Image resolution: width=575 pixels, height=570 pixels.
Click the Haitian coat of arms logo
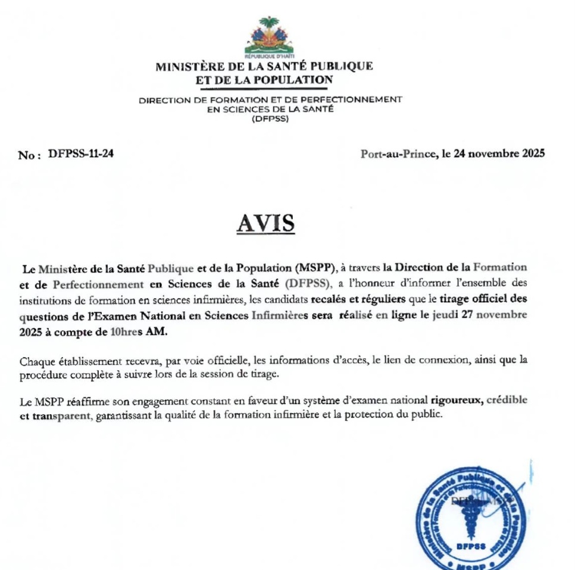click(269, 37)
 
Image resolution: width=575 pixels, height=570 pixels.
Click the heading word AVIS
click(265, 223)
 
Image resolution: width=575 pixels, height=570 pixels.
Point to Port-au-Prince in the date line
click(398, 154)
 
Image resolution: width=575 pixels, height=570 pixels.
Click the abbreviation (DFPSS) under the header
click(270, 118)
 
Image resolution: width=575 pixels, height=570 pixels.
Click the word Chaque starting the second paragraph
click(36, 361)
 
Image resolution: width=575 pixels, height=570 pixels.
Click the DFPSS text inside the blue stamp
click(471, 546)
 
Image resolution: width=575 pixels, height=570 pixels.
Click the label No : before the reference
click(30, 155)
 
